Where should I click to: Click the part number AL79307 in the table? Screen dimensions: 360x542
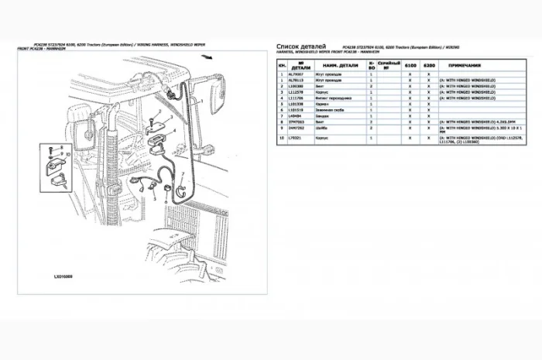click(x=294, y=74)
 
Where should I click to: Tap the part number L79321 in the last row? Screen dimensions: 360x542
click(x=294, y=137)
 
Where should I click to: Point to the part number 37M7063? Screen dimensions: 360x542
click(x=294, y=121)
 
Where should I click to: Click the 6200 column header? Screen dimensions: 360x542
click(x=428, y=65)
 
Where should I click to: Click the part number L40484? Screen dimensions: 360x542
click(x=294, y=115)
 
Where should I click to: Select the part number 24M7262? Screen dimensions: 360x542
click(x=294, y=128)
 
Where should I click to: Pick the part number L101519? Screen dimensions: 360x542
click(x=294, y=109)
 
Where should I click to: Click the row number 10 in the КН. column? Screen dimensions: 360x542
click(x=281, y=137)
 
